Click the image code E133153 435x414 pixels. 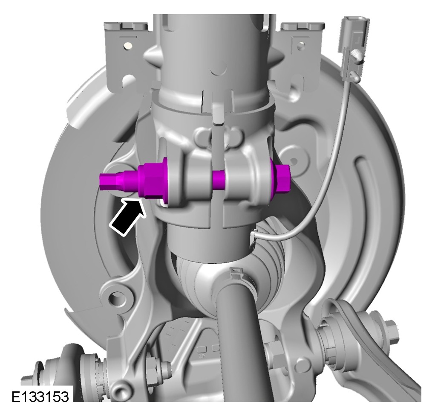40,397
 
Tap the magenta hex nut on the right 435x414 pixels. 282,179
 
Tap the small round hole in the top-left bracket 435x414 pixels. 128,45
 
